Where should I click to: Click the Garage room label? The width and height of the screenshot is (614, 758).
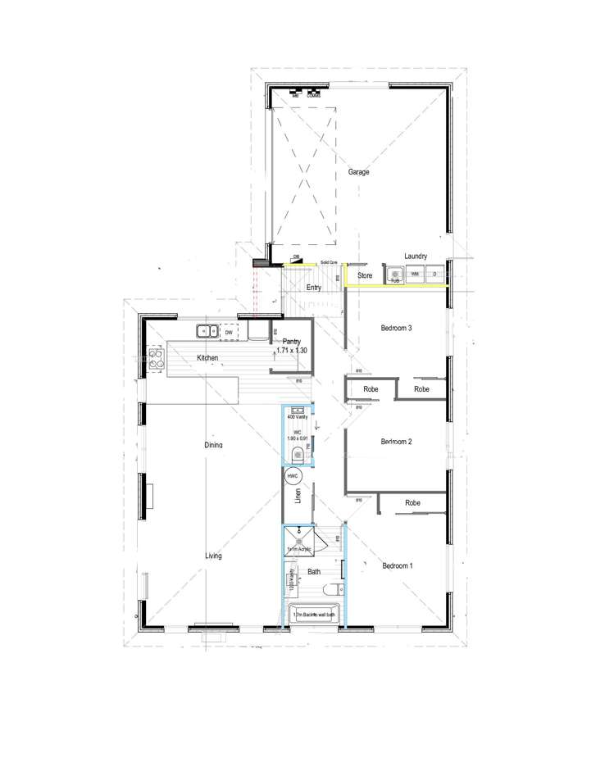tap(358, 172)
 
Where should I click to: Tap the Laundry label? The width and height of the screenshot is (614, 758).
tap(416, 256)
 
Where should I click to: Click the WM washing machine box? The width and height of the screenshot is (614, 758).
tap(415, 274)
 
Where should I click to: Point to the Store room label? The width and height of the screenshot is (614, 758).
tap(365, 276)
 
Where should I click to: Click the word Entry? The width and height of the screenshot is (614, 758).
tap(313, 288)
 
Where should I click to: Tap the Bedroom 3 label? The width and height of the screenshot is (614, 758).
tap(396, 329)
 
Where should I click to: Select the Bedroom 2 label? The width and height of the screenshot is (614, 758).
tap(396, 443)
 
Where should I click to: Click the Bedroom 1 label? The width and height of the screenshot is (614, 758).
tap(398, 565)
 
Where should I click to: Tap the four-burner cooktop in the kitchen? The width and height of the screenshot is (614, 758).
tap(154, 358)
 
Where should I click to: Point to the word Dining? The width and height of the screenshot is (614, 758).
tap(213, 445)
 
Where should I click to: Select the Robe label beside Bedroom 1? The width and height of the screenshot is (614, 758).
tap(412, 502)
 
